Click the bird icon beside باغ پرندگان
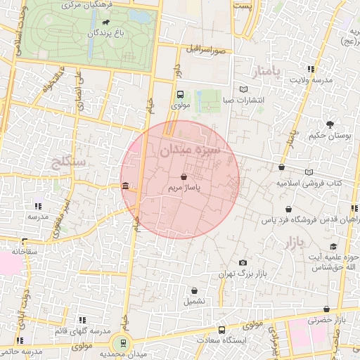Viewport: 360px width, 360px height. pos(105,22)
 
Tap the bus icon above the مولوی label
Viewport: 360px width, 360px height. pos(181,94)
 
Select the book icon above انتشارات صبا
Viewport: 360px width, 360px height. pos(243,89)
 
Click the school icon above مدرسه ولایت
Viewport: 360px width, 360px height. pos(311,69)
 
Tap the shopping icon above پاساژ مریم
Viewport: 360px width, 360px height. pos(184,178)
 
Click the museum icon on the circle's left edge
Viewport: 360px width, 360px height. pos(125,186)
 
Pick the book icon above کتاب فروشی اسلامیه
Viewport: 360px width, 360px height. pos(309,172)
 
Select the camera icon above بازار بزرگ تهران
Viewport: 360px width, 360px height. pos(243,262)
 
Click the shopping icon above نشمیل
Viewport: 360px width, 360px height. pos(194,290)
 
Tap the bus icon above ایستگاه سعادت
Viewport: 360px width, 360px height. pos(222,330)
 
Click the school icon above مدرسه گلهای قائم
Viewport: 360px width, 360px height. pos(82,320)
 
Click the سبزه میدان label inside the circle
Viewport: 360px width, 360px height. pos(190,150)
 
